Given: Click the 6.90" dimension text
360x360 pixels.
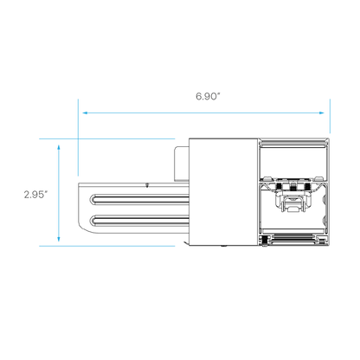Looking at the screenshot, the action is tap(208, 96).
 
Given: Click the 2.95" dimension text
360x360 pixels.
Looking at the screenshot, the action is tap(35, 195).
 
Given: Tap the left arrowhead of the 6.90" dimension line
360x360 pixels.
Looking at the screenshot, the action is tap(86, 112).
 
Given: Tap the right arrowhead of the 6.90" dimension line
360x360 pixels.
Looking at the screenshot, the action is tap(321, 112).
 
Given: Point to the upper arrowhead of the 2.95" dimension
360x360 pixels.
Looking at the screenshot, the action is tap(59, 148).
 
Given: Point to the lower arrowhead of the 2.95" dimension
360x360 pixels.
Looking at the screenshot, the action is tap(59, 239).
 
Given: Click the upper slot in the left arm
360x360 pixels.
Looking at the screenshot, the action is tap(139, 199).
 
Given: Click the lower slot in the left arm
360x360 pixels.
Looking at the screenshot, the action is tap(139, 222).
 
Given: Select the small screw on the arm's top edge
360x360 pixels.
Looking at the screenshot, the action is tap(147, 185).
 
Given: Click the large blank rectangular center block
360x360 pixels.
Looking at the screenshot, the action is tap(223, 192).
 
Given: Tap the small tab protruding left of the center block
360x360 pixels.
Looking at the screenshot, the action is tap(182, 164).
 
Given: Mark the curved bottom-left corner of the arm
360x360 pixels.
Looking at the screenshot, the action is tap(84, 227).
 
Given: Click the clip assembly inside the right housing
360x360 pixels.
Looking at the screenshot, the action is tap(293, 201).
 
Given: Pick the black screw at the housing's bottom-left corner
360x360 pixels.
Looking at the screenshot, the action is tap(264, 241).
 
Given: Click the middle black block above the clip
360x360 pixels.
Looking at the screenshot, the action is tap(293, 187).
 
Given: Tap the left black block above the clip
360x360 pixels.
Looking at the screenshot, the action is tap(279, 187).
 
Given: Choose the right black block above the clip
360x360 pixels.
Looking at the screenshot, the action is tap(307, 187).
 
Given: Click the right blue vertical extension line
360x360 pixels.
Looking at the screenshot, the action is tap(330, 116).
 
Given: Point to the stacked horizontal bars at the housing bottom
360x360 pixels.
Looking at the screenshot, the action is tap(292, 238).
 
